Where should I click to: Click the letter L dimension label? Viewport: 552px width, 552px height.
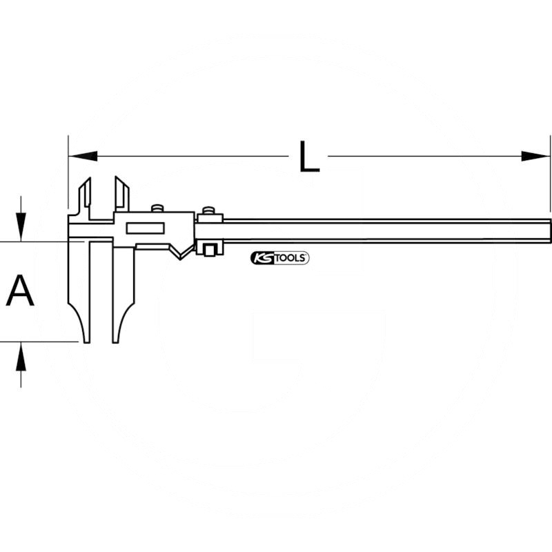[309, 157]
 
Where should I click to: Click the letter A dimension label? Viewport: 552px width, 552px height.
[20, 290]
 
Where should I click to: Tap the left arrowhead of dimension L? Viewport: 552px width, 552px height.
[83, 156]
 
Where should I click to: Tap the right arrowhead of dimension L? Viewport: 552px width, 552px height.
[535, 156]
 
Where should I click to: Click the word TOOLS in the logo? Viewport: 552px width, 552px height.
[289, 258]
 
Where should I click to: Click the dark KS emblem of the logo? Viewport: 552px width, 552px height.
[262, 258]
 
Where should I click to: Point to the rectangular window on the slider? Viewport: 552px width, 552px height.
[145, 228]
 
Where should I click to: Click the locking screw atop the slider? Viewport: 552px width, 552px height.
[157, 208]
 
